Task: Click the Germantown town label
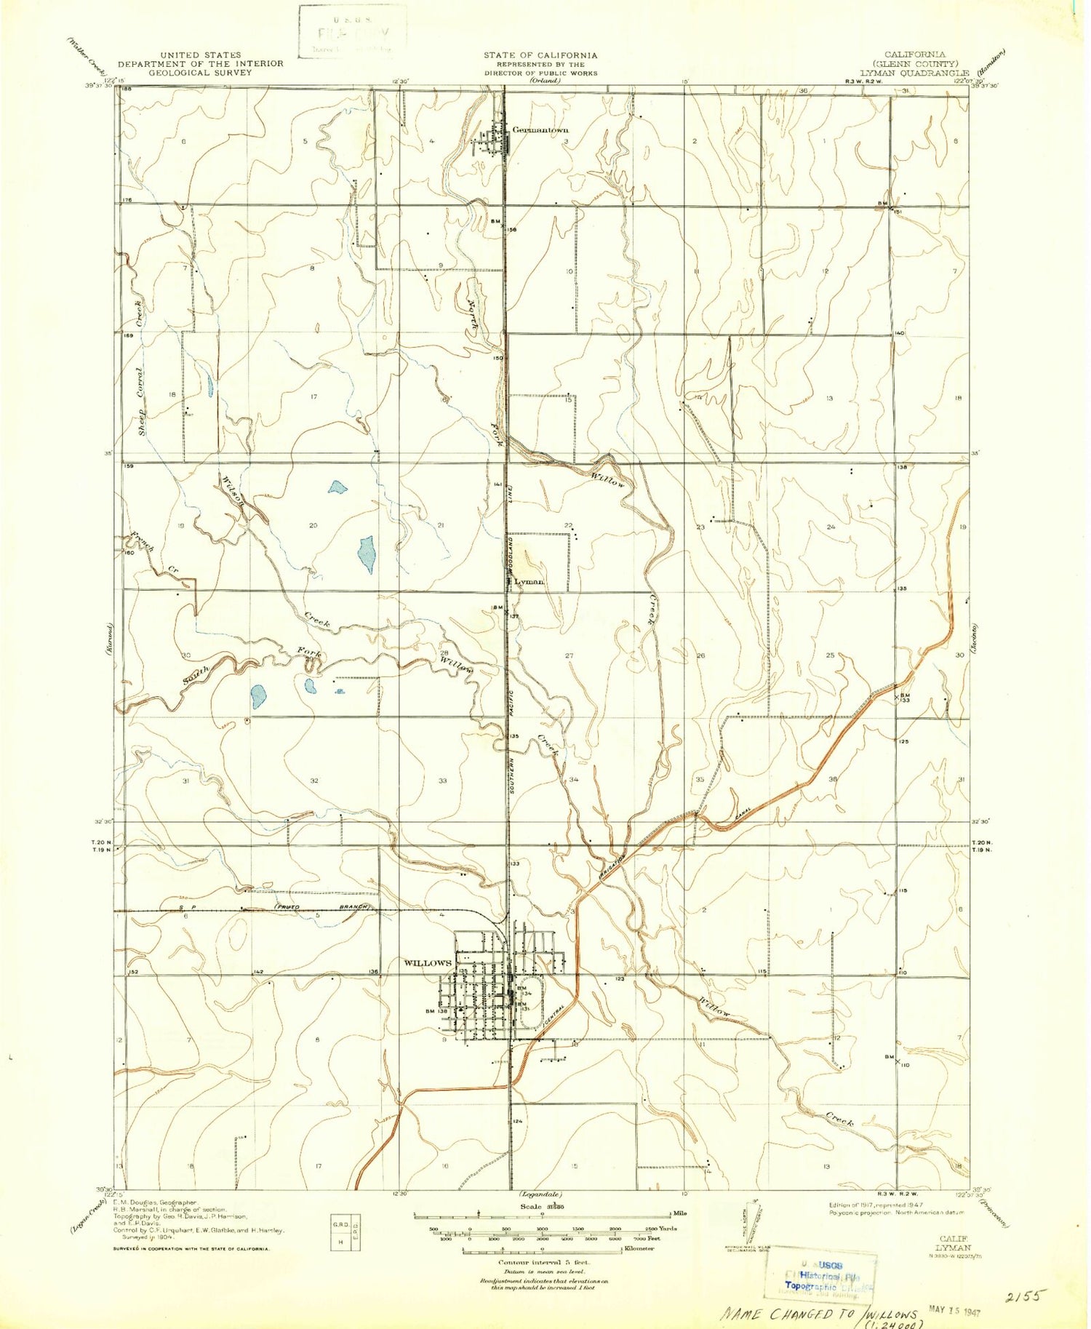(540, 130)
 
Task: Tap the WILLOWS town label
(428, 963)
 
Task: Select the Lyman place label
(529, 582)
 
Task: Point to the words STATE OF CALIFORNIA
(540, 55)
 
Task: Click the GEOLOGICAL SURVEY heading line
(200, 72)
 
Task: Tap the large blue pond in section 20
(366, 554)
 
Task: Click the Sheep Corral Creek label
(140, 368)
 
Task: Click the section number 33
(442, 781)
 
